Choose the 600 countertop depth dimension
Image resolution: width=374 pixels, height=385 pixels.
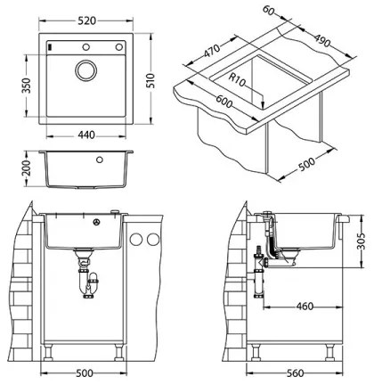point(213,102)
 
